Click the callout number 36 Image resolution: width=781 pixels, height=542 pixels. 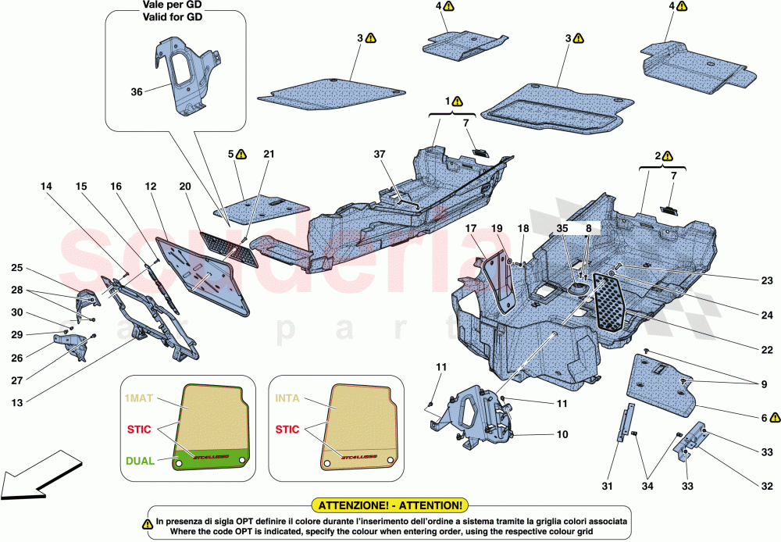click(137, 91)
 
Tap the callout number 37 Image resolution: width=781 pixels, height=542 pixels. click(380, 155)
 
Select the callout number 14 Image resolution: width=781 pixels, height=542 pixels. click(48, 187)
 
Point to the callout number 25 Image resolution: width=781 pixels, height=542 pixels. click(16, 269)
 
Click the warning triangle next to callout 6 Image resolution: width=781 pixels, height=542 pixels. click(776, 418)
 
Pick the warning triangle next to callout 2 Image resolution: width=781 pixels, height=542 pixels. click(669, 155)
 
